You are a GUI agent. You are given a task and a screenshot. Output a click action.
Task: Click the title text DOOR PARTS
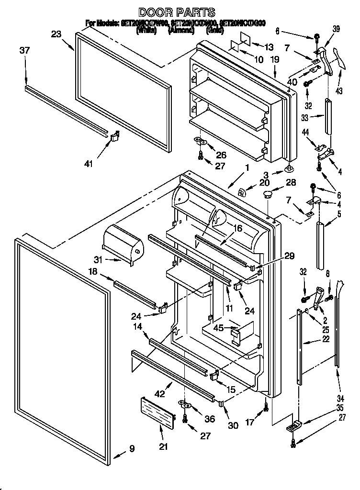tap(177, 12)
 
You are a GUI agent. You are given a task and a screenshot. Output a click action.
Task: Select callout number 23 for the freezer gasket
tap(56, 34)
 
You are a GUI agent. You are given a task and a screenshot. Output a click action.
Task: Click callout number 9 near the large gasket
tap(131, 448)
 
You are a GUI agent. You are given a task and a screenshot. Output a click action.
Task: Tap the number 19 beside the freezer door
tap(274, 60)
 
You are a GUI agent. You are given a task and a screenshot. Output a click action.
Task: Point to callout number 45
tap(218, 328)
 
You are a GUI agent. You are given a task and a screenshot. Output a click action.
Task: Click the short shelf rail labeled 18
tap(135, 291)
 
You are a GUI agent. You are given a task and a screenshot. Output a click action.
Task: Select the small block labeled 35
tap(293, 424)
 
